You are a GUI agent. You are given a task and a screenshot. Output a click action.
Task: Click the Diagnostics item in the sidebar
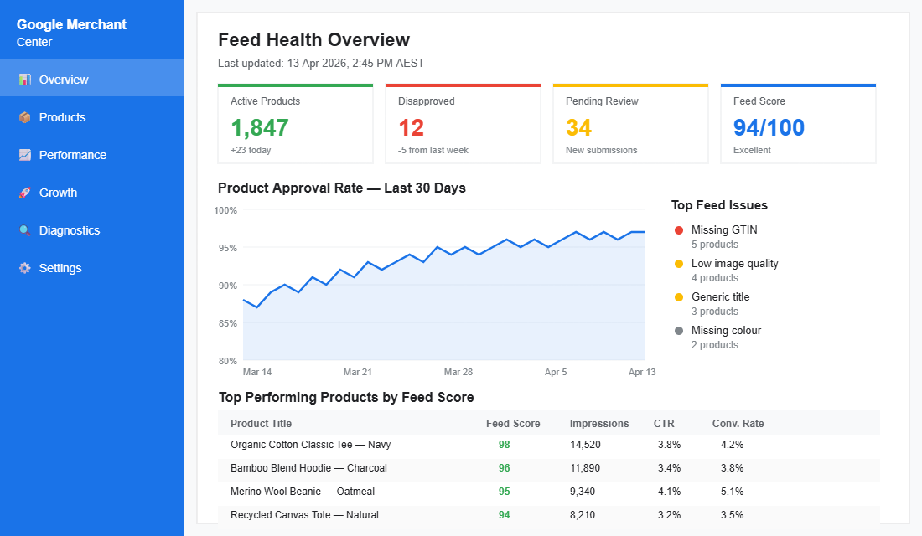click(69, 230)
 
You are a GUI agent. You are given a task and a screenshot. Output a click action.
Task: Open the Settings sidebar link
click(60, 268)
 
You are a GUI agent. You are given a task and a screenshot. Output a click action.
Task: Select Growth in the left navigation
click(58, 193)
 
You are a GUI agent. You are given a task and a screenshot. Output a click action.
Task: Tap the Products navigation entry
click(62, 117)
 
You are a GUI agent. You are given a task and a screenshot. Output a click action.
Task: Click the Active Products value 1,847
click(260, 127)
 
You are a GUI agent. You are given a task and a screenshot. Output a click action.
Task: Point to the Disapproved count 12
click(411, 127)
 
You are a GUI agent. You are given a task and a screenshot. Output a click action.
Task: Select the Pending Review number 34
click(578, 127)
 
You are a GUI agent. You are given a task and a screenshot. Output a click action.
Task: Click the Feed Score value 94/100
click(769, 127)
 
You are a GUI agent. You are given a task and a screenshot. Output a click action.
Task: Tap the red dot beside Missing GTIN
click(679, 230)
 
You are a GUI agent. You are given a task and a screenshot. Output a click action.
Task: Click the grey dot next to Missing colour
click(679, 331)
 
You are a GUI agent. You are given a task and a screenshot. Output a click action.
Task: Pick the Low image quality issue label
click(734, 264)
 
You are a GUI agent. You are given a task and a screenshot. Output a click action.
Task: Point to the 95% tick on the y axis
click(227, 248)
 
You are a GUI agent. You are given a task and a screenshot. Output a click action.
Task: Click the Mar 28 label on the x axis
click(458, 372)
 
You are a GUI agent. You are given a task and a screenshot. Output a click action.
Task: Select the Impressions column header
click(599, 424)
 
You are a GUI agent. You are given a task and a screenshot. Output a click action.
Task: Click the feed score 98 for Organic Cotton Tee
click(504, 445)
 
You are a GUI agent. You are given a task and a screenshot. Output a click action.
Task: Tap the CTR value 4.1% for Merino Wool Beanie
click(669, 492)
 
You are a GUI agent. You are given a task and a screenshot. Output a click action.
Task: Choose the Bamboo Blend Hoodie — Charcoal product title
click(308, 468)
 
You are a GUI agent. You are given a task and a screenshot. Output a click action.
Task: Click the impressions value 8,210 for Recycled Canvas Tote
click(583, 515)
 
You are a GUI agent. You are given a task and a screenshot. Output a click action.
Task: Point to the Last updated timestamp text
click(321, 63)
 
